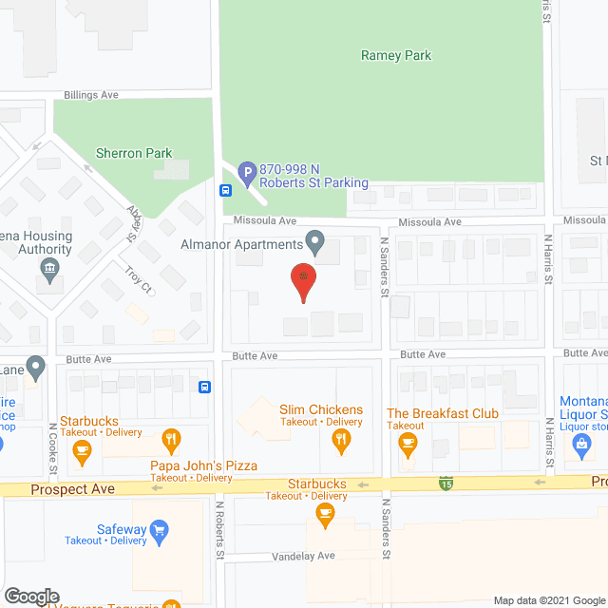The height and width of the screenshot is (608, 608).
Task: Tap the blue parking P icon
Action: click(x=247, y=174)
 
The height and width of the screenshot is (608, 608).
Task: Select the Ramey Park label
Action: click(x=396, y=55)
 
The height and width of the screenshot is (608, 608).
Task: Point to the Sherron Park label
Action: click(x=134, y=152)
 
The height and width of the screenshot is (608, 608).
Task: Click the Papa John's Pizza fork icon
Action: click(x=171, y=439)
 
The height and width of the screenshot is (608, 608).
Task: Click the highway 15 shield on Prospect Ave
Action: click(x=445, y=484)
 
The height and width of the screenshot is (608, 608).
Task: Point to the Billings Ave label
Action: click(x=91, y=96)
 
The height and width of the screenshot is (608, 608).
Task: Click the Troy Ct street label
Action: click(x=139, y=281)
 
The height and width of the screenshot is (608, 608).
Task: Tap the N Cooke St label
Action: click(x=53, y=448)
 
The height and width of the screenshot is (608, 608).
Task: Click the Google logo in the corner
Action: click(x=30, y=596)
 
